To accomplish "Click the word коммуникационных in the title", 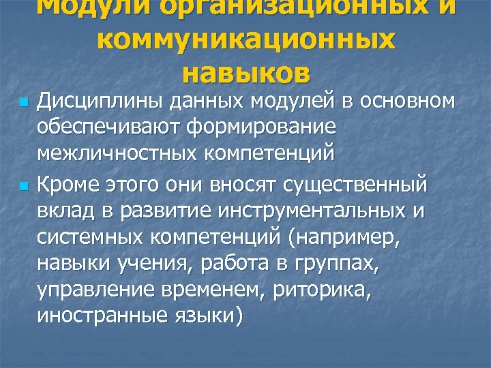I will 245,41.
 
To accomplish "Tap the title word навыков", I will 245,72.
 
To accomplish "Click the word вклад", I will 65,211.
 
